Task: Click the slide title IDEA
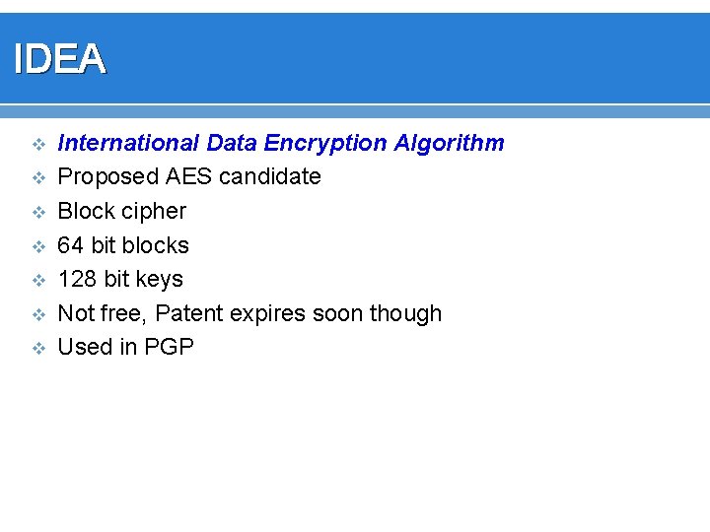coord(59,60)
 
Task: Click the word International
coord(128,144)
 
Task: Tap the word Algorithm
coord(449,144)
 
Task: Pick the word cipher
coord(154,211)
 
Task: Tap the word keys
coord(159,280)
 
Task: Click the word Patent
coord(189,313)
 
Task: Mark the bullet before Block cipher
coord(37,212)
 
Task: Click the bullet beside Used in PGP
coord(37,348)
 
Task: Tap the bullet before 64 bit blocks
coord(37,245)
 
